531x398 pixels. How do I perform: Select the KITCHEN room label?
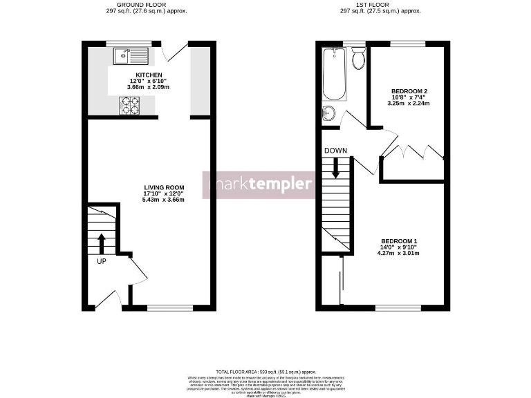click(149, 75)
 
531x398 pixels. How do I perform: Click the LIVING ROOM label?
click(164, 187)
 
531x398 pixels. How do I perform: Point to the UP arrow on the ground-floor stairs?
click(101, 243)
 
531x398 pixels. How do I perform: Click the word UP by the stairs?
click(101, 261)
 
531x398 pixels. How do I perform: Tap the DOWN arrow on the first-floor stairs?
click(337, 168)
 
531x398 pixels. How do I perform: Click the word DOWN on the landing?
click(335, 151)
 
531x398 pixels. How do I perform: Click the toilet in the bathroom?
click(358, 59)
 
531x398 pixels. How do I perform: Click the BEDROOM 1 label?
click(398, 241)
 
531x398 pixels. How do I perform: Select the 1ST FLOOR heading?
click(380, 5)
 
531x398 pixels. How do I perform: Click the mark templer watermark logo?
click(259, 184)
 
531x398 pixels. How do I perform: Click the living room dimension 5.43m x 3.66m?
click(164, 200)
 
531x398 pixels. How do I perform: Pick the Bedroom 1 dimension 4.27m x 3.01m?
click(398, 254)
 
